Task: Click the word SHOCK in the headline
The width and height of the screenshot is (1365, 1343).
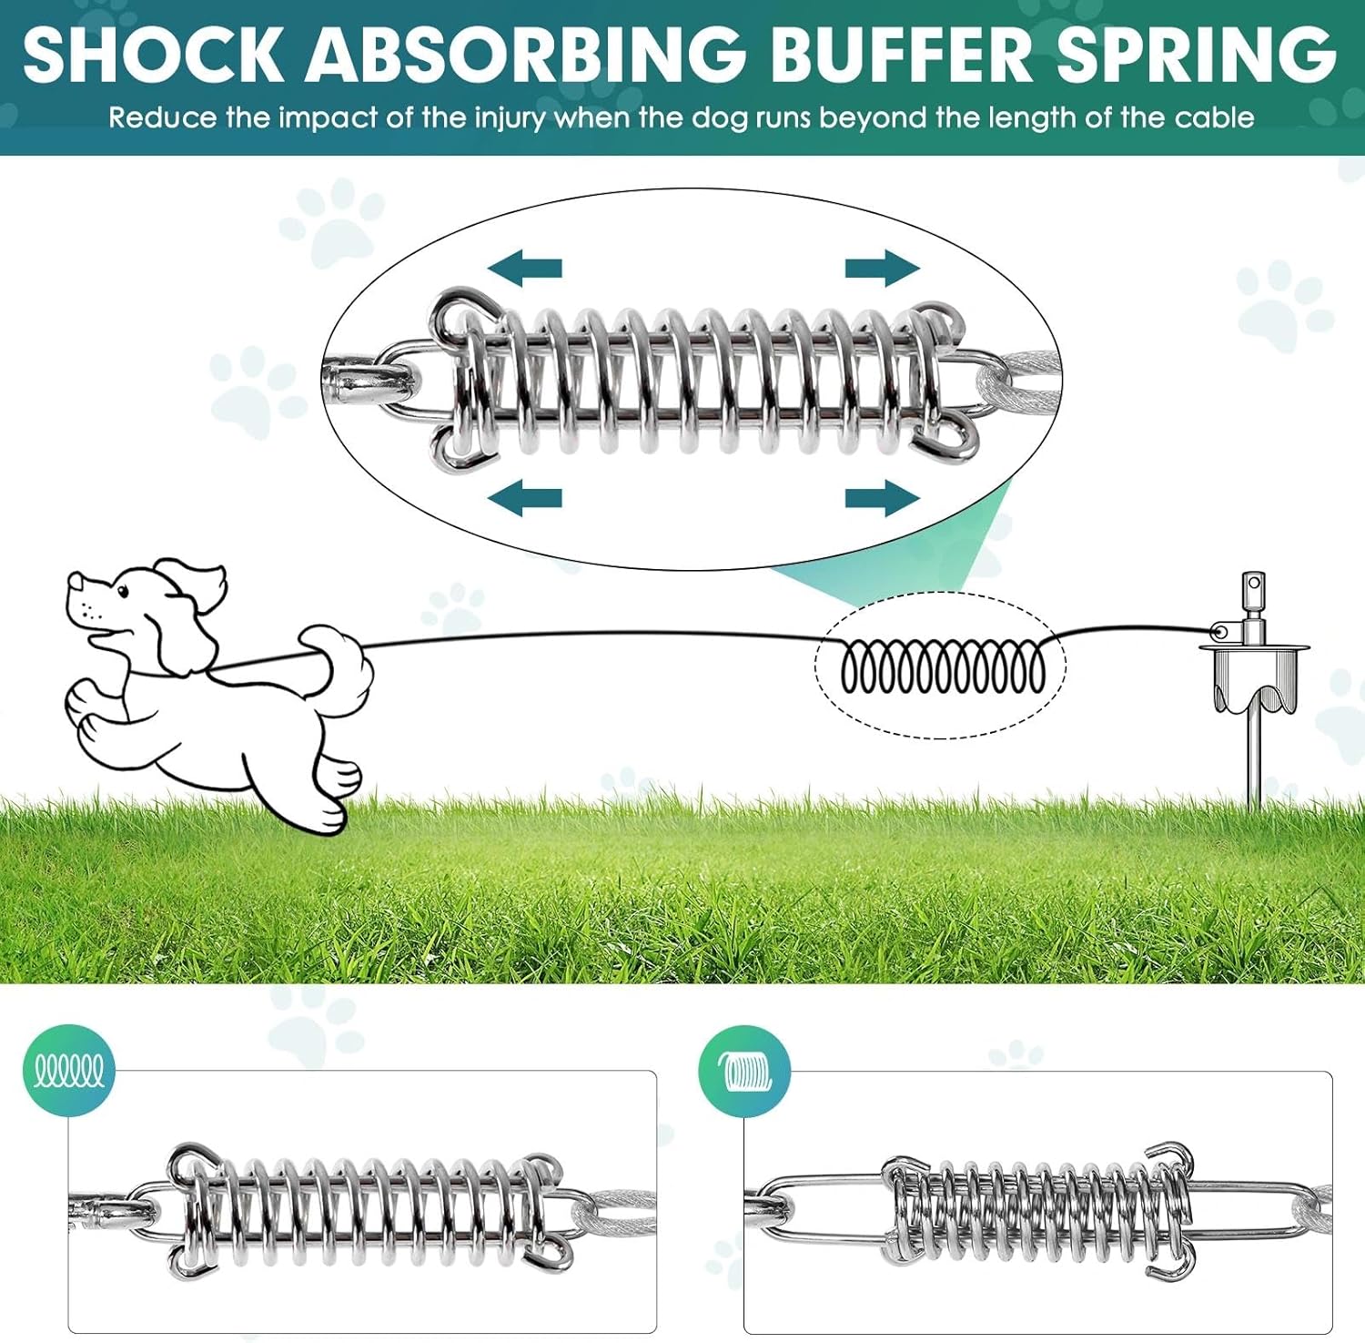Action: [x=153, y=55]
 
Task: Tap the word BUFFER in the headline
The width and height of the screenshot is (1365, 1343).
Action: [x=902, y=55]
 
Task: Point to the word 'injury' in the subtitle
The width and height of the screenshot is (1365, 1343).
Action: [x=509, y=118]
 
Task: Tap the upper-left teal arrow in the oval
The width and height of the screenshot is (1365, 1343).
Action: [x=525, y=268]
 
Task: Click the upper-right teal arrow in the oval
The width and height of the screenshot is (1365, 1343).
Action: [x=882, y=268]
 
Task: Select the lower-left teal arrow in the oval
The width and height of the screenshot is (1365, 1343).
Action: [x=525, y=498]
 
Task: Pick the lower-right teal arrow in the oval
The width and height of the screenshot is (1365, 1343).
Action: [x=882, y=498]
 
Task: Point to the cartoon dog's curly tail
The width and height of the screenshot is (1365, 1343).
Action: [x=340, y=665]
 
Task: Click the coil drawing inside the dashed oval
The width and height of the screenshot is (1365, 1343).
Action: [x=942, y=667]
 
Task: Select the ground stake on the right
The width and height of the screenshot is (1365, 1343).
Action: [x=1254, y=692]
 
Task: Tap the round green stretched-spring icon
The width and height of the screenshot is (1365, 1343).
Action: [x=69, y=1071]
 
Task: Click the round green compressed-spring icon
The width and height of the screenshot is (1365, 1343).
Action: [x=744, y=1071]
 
